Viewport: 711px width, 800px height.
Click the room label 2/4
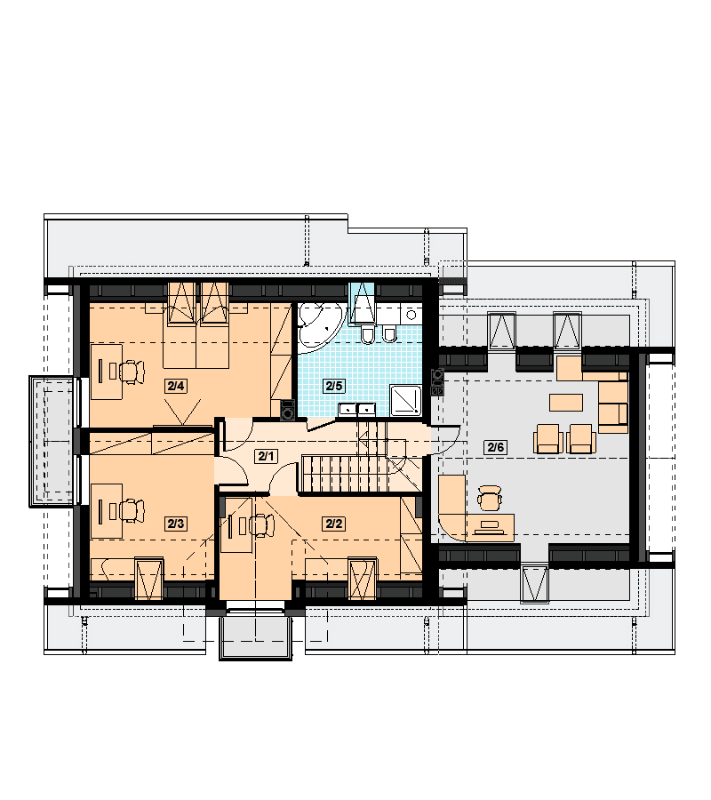click(175, 386)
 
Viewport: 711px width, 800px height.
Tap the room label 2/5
click(334, 386)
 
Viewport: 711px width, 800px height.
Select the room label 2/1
click(266, 456)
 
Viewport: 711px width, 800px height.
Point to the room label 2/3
click(175, 524)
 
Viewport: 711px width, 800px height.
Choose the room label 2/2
click(334, 524)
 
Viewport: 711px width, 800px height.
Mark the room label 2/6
click(495, 447)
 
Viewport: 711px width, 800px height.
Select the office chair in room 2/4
click(132, 371)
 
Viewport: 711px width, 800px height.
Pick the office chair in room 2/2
click(261, 526)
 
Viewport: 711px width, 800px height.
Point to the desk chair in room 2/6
click(490, 498)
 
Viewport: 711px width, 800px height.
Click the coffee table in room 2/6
click(565, 402)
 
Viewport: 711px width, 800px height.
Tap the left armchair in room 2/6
click(549, 439)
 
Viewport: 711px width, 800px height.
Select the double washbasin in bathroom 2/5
click(357, 409)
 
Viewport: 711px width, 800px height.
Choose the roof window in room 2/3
click(149, 578)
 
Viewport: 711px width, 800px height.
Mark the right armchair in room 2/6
click(581, 439)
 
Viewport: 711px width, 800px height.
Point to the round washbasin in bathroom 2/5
click(411, 313)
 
